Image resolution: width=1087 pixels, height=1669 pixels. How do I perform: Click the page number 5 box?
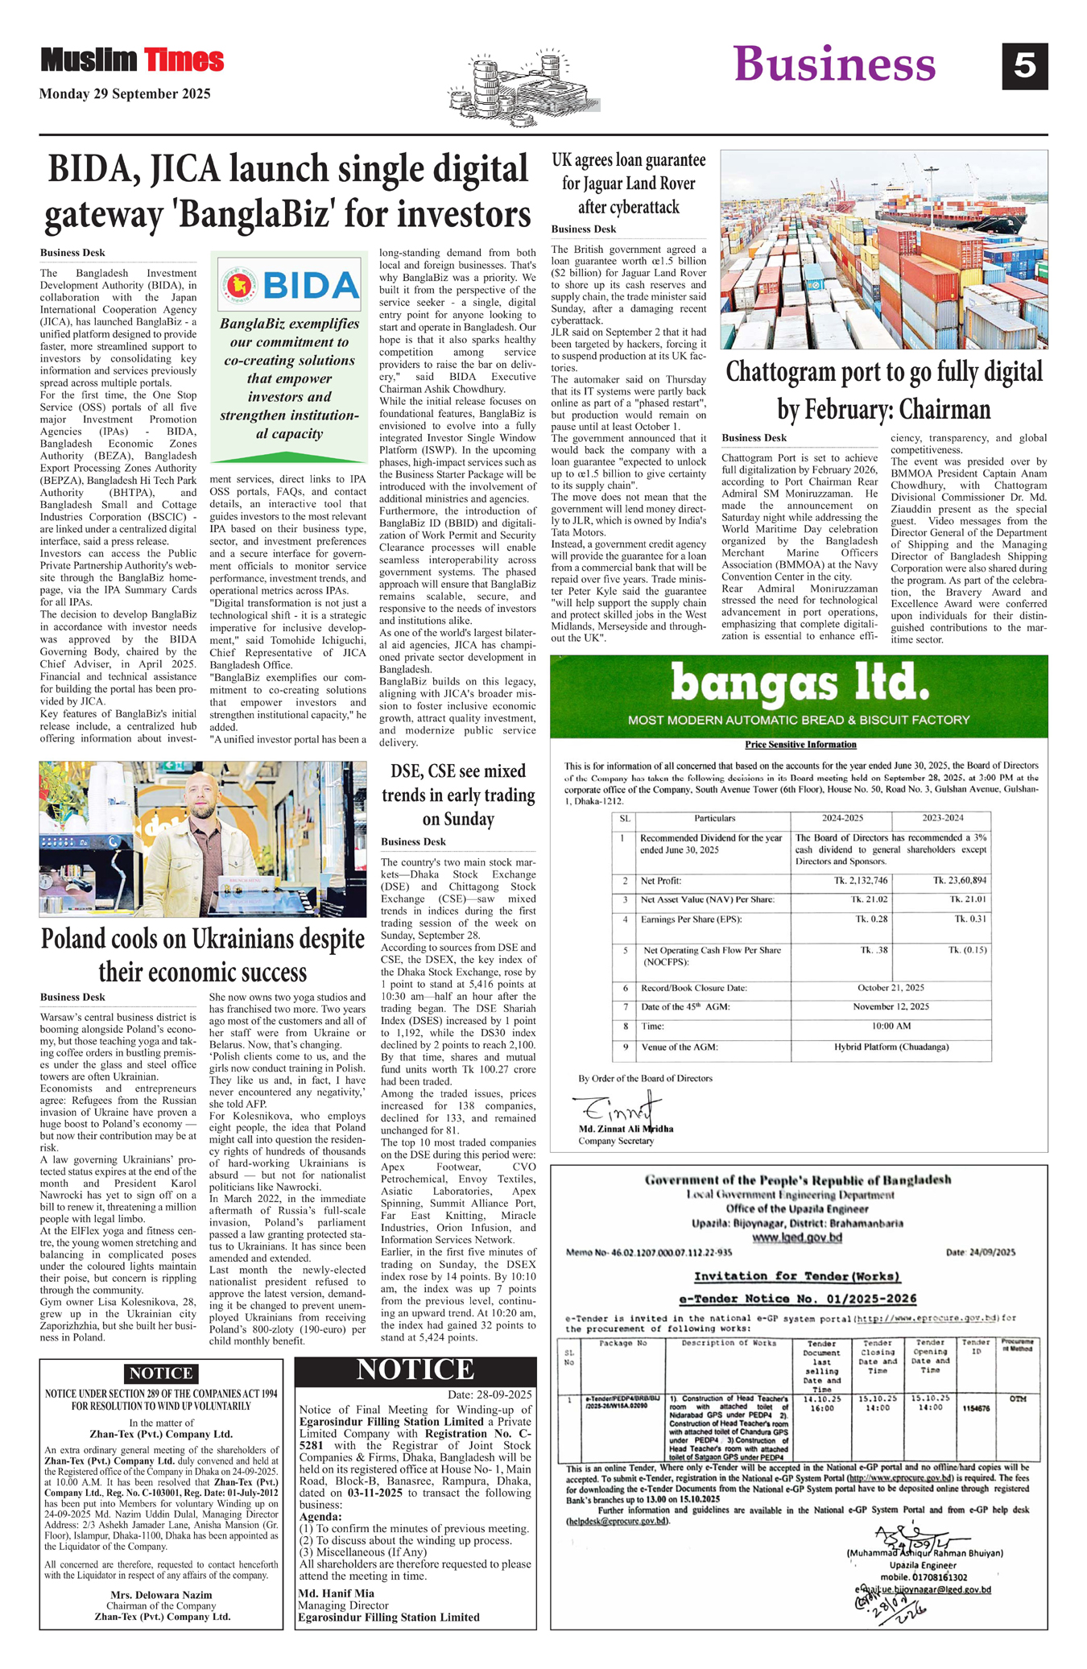coord(1024,65)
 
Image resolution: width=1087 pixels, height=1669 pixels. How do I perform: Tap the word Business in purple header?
coord(834,64)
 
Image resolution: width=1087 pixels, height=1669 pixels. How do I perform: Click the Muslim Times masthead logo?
coord(132,60)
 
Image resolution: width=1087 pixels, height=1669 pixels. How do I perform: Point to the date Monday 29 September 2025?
coord(125,94)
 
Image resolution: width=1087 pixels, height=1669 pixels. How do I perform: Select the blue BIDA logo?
coord(289,285)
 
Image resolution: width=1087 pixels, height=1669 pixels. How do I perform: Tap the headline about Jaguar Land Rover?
coord(628,184)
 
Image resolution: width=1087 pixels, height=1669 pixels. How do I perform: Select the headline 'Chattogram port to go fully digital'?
coord(884,373)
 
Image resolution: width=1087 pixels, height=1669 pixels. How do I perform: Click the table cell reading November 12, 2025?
coord(891,1006)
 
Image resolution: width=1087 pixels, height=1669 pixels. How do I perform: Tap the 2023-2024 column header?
coord(942,818)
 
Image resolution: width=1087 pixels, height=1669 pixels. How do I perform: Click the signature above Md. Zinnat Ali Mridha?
coord(617,1109)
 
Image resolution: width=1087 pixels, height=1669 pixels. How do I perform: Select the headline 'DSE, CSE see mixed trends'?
coord(458,795)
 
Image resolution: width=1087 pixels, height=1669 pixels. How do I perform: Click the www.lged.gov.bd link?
coord(797,1237)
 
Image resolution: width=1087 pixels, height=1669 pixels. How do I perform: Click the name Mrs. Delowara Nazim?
coord(161,1594)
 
